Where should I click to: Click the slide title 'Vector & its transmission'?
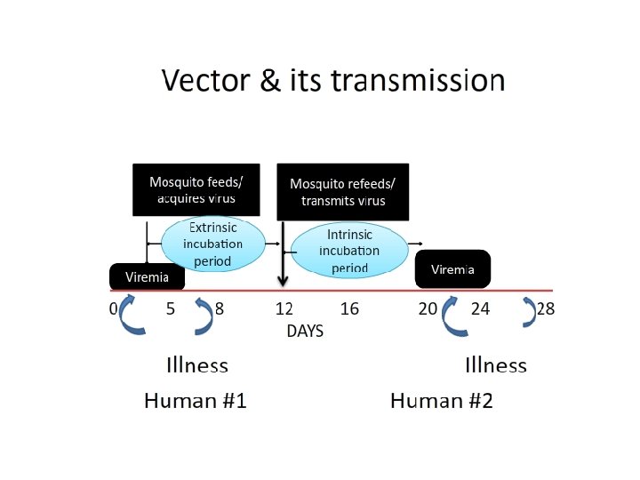(x=333, y=81)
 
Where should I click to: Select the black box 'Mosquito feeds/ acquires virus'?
(x=196, y=189)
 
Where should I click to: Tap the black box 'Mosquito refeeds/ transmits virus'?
(x=343, y=191)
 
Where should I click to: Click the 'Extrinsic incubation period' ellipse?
(x=213, y=244)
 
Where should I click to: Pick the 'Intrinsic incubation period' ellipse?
(x=348, y=249)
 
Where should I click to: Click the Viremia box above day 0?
(x=147, y=276)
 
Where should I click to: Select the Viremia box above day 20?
(x=452, y=269)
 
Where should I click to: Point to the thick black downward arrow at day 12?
(x=283, y=258)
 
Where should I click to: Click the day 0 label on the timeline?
(x=113, y=309)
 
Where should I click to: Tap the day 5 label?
(x=170, y=309)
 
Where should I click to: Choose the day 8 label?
(x=220, y=309)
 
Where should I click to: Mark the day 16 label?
(x=349, y=309)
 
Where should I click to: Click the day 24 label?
(x=480, y=309)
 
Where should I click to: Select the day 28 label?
(x=545, y=309)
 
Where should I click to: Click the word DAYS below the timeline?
(x=305, y=331)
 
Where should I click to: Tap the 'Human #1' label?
(x=195, y=401)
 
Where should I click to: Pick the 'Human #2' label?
(x=441, y=401)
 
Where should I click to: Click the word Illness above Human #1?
(x=197, y=365)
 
